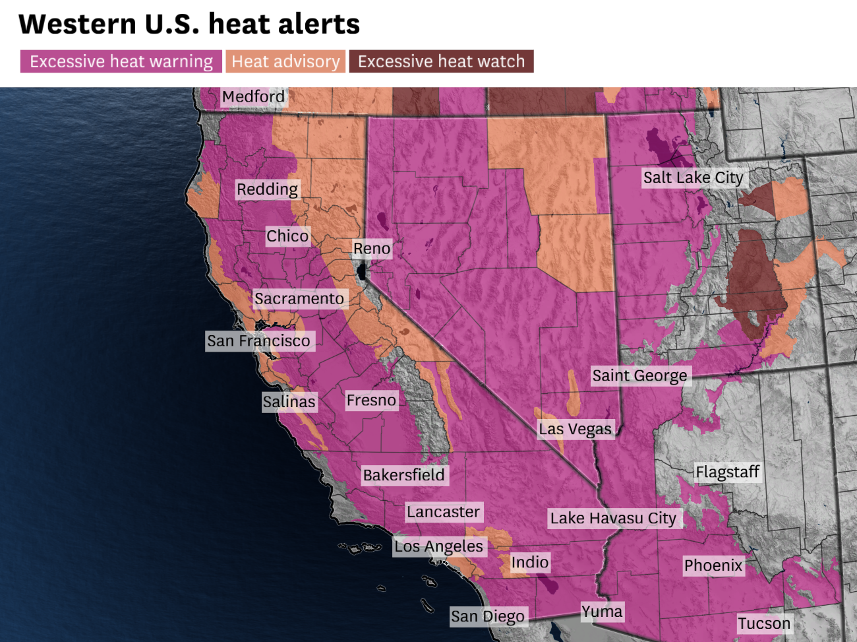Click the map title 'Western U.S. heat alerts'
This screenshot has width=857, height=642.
189,24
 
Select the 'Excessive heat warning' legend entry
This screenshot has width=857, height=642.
121,61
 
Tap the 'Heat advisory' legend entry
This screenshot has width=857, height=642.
285,61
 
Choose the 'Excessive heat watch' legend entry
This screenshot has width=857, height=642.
441,61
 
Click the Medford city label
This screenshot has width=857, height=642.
253,97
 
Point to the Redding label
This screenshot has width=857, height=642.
267,189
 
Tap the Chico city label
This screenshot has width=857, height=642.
287,236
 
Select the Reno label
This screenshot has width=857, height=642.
372,249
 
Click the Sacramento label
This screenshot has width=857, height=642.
299,299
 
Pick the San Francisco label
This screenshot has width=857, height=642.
258,341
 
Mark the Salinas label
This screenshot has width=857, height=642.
289,402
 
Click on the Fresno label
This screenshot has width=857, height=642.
371,401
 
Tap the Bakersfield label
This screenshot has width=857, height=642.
403,475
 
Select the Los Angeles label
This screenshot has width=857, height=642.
438,546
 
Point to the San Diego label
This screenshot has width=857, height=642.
488,616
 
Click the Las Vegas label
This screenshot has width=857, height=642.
575,430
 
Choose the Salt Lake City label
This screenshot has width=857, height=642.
693,177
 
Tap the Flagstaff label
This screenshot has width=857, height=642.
728,472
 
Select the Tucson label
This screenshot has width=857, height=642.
763,624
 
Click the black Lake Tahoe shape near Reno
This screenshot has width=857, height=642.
361,271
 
